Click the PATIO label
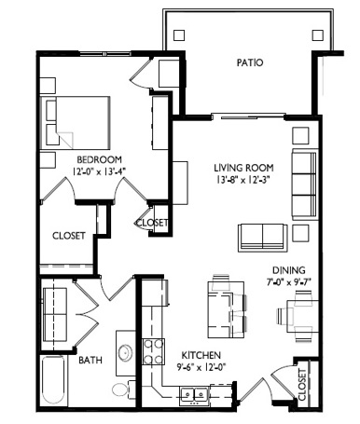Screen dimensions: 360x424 [x=250, y=62]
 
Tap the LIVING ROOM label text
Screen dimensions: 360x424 [x=243, y=168]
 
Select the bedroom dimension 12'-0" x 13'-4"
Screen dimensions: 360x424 [x=99, y=171]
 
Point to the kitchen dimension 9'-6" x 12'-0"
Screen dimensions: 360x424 [x=201, y=367]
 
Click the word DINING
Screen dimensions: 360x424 [x=289, y=270]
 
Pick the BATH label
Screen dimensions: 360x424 [x=90, y=361]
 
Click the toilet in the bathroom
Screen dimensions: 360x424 [x=121, y=389]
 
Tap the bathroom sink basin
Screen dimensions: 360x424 [x=126, y=353]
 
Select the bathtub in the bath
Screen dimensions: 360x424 [x=53, y=381]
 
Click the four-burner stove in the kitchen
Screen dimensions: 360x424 [x=153, y=352]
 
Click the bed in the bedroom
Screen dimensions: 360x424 [x=76, y=123]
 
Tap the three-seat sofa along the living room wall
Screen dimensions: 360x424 [x=305, y=185]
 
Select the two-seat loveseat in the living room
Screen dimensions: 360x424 [x=263, y=238]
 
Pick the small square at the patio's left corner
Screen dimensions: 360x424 [x=179, y=35]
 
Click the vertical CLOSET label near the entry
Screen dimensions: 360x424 [x=302, y=385]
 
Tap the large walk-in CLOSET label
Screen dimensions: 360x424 [x=69, y=236]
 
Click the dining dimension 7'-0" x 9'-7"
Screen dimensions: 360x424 [x=289, y=282]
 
